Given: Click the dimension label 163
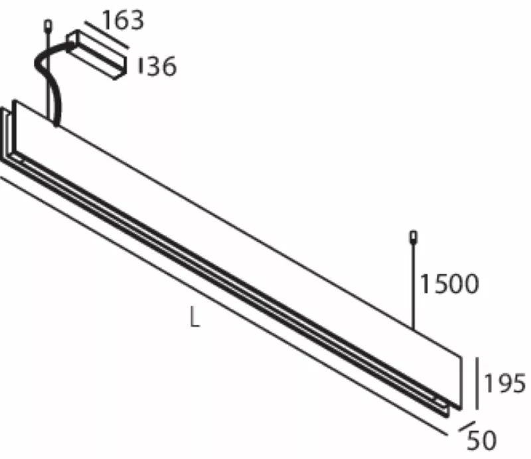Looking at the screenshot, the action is coord(123,21).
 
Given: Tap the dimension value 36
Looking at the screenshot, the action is coord(162,66).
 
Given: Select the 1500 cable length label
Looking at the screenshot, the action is coord(449,284).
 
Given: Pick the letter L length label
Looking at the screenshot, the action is coord(194,317).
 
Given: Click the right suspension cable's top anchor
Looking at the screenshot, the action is coord(414,237).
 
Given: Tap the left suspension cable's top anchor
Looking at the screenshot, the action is coord(48,26).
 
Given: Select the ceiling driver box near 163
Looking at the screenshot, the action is coord(97,55).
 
